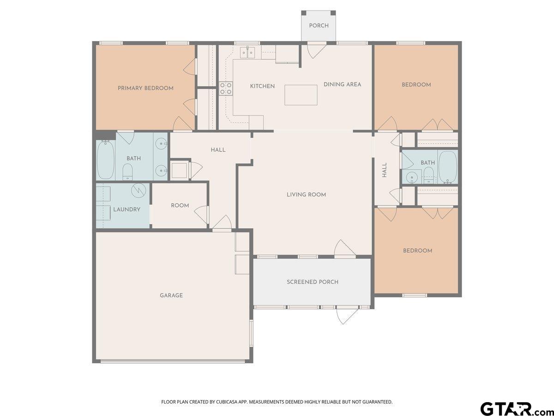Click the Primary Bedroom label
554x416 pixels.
pyautogui.click(x=145, y=88)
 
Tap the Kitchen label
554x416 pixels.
pyautogui.click(x=262, y=86)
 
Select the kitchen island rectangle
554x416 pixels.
pyautogui.click(x=301, y=95)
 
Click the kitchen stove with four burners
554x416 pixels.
pyautogui.click(x=225, y=88)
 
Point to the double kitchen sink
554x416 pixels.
pyautogui.click(x=247, y=53)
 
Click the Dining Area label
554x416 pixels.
pyautogui.click(x=342, y=85)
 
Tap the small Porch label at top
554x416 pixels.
pyautogui.click(x=319, y=25)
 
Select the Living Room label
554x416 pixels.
pyautogui.click(x=306, y=195)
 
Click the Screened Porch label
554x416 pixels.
pyautogui.click(x=313, y=282)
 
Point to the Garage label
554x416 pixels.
pyautogui.click(x=171, y=295)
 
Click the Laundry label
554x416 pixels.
pyautogui.click(x=126, y=209)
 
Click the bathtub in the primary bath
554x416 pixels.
pyautogui.click(x=106, y=160)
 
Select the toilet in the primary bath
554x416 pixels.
pyautogui.click(x=127, y=172)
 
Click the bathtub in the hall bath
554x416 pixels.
pyautogui.click(x=448, y=167)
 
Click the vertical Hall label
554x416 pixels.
pyautogui.click(x=385, y=170)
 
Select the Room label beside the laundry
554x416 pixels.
pyautogui.click(x=180, y=206)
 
